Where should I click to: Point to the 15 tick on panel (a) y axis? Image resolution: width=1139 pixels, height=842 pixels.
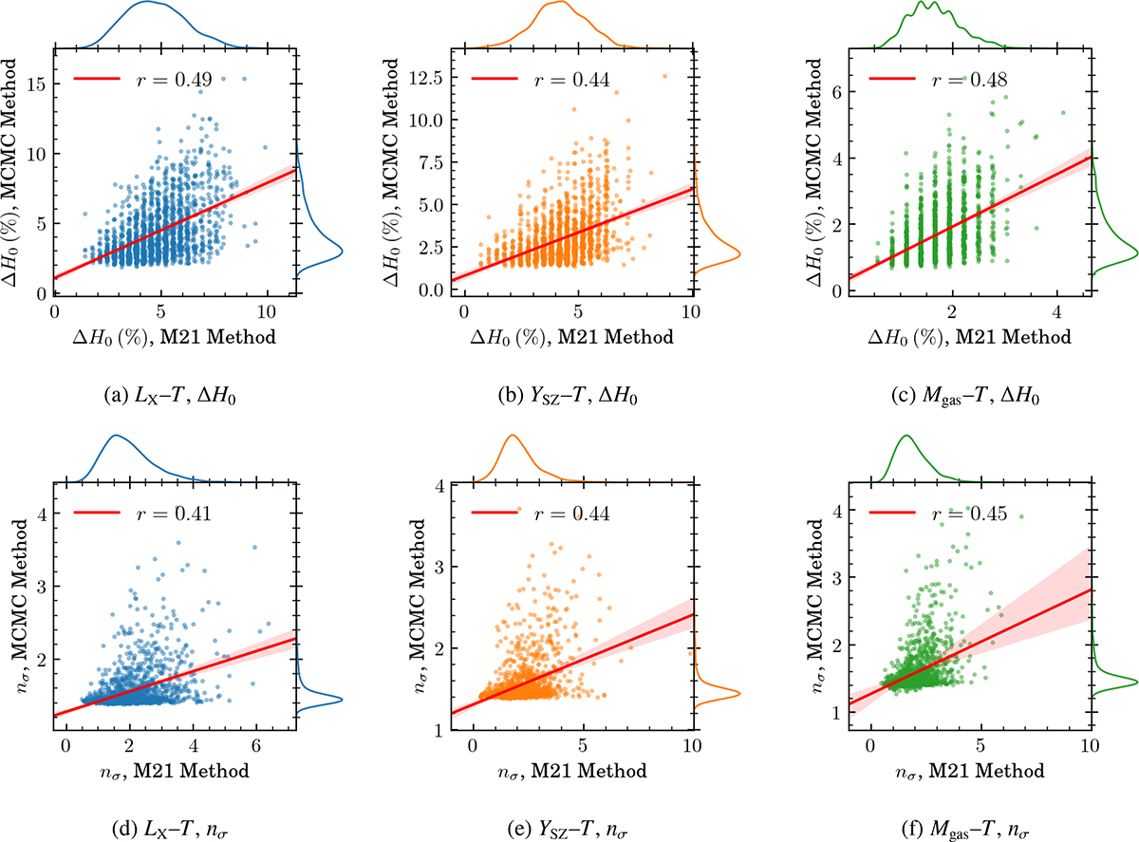(x=39, y=84)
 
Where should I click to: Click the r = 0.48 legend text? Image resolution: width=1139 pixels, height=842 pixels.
(x=974, y=80)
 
